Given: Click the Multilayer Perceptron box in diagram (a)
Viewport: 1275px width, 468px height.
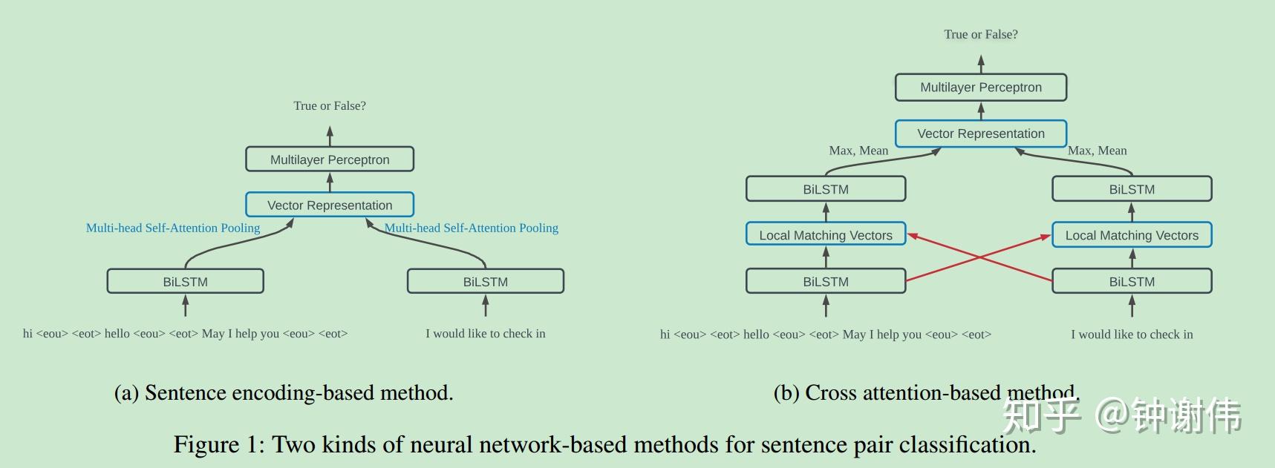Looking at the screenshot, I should (330, 159).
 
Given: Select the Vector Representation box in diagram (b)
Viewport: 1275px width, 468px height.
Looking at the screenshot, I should (980, 134).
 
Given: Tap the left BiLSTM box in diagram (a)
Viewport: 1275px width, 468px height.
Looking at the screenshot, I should (185, 282).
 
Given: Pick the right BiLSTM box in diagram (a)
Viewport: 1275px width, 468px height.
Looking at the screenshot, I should (486, 282).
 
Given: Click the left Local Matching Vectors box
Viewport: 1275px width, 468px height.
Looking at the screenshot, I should (826, 235).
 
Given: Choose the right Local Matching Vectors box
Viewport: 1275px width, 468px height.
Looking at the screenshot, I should (1132, 235).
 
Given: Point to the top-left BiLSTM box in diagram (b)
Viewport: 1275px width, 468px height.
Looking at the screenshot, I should (826, 189).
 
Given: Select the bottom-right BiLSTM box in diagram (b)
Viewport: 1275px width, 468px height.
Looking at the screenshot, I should (1132, 282).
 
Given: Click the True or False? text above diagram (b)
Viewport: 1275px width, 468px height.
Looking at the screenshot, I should (980, 34).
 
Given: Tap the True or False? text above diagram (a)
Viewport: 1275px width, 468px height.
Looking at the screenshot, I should (330, 106).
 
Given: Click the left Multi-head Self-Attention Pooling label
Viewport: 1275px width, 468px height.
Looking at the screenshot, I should (173, 228).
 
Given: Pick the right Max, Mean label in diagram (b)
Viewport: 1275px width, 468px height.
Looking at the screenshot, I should (1097, 151).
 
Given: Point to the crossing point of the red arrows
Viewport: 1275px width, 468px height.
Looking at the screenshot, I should (979, 257).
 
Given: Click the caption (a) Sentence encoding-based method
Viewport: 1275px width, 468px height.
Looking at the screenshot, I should (284, 392).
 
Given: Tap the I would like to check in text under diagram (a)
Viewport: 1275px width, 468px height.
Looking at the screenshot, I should (486, 334).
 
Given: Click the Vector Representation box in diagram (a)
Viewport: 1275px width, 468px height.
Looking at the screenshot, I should (330, 205).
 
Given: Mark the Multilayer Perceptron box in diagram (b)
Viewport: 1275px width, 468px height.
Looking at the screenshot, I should (980, 88).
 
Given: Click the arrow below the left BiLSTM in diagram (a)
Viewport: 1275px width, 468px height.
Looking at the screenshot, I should (185, 306).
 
